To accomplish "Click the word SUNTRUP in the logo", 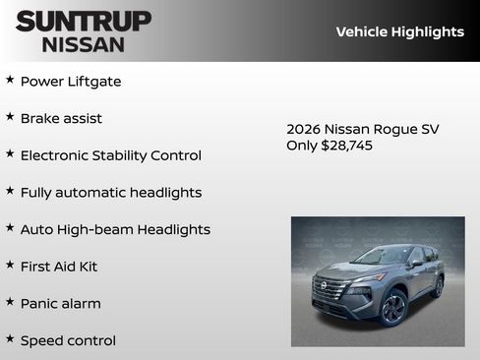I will click(84, 20).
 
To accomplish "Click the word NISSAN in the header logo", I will click(84, 44).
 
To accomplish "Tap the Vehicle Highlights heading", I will click(399, 31).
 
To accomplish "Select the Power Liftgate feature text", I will click(71, 82).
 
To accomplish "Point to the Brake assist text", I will click(61, 118).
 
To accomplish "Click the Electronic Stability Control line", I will click(110, 155).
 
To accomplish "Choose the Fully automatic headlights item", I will click(110, 193).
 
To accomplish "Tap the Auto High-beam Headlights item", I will click(115, 229).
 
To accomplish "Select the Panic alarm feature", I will click(61, 304).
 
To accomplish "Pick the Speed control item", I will click(68, 340).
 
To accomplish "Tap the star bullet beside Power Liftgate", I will click(10, 80).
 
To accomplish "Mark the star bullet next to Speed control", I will click(10, 338).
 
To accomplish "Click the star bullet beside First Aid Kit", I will click(10, 265).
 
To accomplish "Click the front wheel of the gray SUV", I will click(392, 307).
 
